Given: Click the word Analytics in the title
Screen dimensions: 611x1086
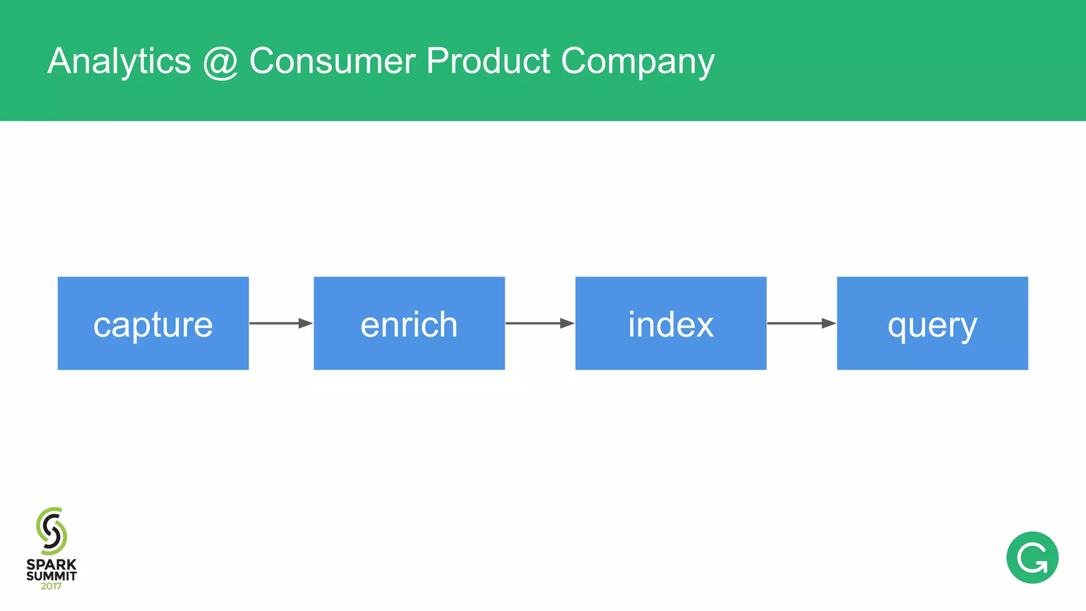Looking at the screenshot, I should point(119,62).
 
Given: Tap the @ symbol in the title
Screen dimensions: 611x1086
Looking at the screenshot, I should point(220,63).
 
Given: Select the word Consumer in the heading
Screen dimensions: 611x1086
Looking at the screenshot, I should point(332,61).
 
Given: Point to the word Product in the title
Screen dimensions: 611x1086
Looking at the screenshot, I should point(488,61).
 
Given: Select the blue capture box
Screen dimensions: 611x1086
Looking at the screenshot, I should point(153,323).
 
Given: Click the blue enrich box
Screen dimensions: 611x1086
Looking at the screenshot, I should point(409,323).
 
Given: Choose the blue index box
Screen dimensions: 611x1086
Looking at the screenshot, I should point(670,323).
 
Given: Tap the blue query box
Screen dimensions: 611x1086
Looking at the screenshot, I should point(932,323).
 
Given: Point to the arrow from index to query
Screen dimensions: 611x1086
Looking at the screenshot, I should point(801,323).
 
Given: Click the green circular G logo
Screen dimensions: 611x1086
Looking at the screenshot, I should point(1032,557).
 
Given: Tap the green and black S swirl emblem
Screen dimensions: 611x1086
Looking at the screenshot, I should point(51,531).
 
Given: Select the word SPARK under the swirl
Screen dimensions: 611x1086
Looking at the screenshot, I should point(51,565).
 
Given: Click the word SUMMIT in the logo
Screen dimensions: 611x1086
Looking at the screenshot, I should point(51,576).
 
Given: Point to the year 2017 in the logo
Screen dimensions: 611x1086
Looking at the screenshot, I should point(51,587).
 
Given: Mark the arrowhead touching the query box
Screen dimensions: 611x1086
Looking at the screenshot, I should point(829,323).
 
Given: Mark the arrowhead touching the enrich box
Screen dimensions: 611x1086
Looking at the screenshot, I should point(305,323).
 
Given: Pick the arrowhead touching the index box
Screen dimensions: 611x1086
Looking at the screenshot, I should point(567,323).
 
